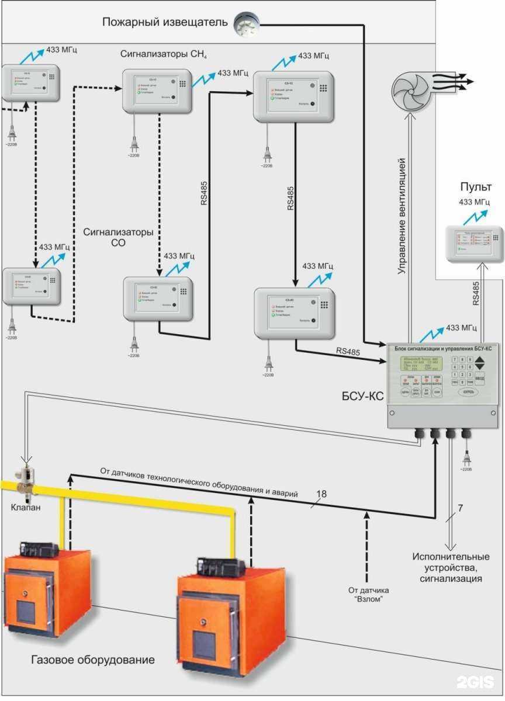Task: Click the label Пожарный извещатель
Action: (165, 23)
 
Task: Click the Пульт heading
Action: (475, 188)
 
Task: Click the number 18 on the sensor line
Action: (321, 494)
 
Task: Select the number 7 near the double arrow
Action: (461, 508)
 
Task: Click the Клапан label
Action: (26, 508)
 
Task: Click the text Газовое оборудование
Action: (94, 660)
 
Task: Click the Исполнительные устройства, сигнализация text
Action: (451, 567)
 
